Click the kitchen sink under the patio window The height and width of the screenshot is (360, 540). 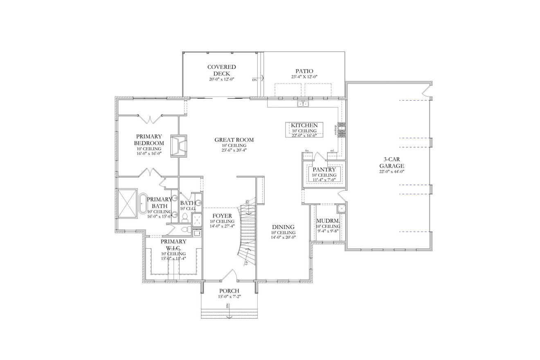click(303, 104)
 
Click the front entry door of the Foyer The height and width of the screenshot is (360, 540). click(229, 276)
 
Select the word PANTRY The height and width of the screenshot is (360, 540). click(324, 169)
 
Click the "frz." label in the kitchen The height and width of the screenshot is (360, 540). click(307, 151)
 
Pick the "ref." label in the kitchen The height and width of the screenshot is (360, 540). click(332, 151)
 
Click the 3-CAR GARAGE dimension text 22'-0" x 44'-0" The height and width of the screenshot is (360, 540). click(391, 172)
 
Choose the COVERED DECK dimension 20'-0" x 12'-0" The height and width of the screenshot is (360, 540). click(221, 79)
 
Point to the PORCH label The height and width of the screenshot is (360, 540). click(229, 291)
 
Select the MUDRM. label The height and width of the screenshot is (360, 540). click(328, 221)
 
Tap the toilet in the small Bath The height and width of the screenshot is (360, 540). click(184, 218)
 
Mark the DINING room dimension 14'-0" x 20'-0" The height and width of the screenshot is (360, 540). click(283, 237)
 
